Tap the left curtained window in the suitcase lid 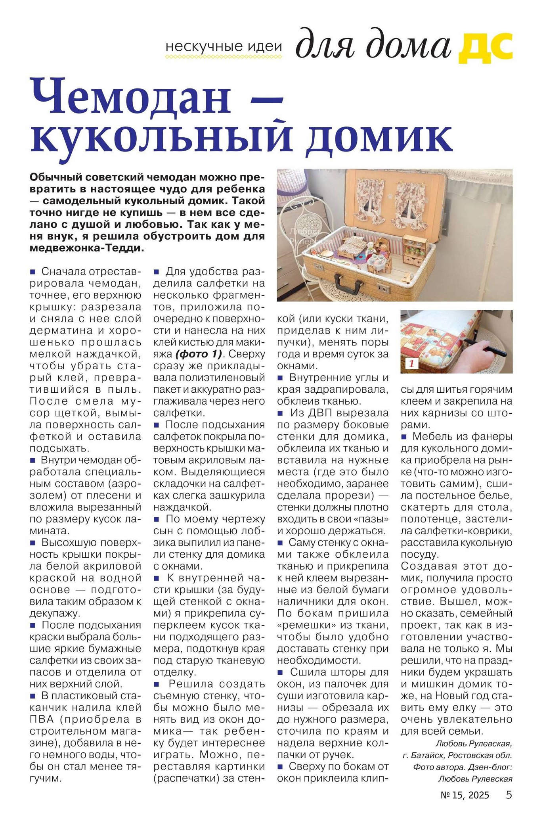(x=371, y=200)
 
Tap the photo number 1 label (x=411, y=363)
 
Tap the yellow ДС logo (x=486, y=47)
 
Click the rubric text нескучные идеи (x=224, y=46)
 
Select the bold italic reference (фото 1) (x=198, y=354)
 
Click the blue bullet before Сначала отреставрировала (x=33, y=272)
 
